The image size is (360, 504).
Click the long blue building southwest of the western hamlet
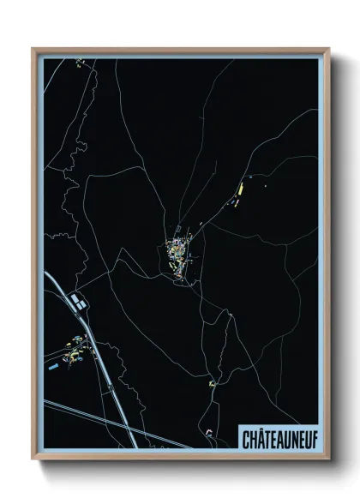click(x=55, y=367)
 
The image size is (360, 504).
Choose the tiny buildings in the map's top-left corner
click(x=79, y=63)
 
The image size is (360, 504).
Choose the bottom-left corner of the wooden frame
click(x=33, y=458)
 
